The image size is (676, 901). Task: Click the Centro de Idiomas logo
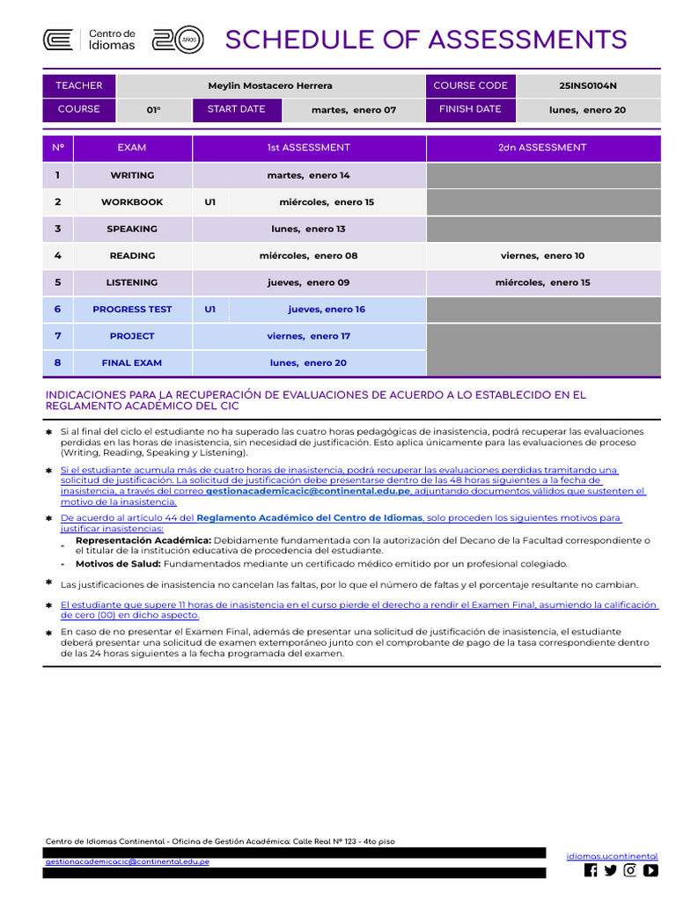[x=90, y=40]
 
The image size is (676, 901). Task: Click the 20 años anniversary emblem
[x=179, y=40]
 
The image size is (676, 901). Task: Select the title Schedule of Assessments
[x=426, y=40]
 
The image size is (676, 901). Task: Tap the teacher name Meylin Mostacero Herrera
[x=270, y=86]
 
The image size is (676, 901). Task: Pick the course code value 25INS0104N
[x=588, y=86]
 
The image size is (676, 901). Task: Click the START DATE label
[x=236, y=110]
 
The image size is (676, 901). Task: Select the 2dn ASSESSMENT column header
[x=542, y=148]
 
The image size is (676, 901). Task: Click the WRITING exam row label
[x=132, y=175]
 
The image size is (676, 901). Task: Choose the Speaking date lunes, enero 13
[x=308, y=229]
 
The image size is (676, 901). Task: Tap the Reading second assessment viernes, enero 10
[x=542, y=256]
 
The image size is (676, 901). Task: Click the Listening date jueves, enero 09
[x=308, y=282]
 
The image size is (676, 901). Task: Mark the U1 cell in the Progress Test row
[x=210, y=310]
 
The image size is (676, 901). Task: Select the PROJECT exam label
[x=132, y=336]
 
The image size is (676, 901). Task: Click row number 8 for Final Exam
[x=57, y=363]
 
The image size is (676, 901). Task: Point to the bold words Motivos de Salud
[x=118, y=564]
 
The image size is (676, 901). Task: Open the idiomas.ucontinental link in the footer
[x=612, y=855]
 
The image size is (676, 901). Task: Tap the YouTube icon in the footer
[x=650, y=870]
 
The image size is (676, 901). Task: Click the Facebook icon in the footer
[x=591, y=870]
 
